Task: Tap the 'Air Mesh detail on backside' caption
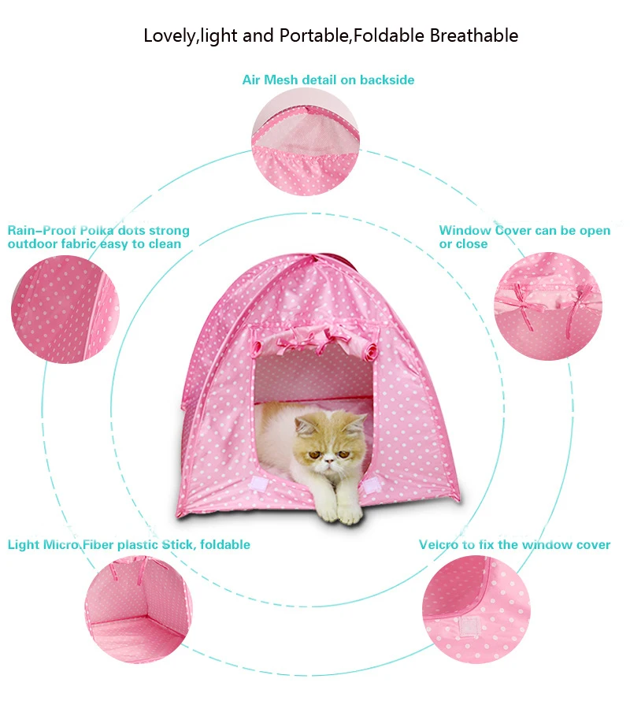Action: (328, 80)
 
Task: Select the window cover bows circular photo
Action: (548, 306)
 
